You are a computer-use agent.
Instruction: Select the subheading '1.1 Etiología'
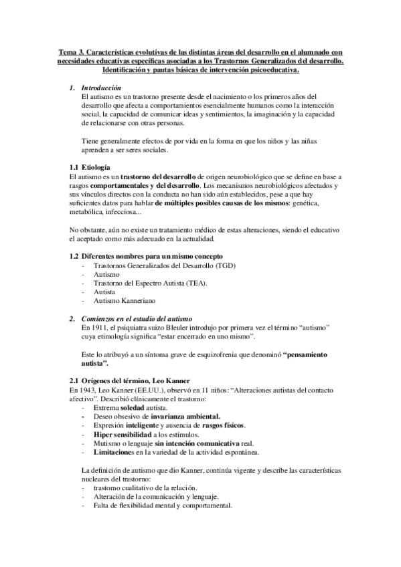[90, 166]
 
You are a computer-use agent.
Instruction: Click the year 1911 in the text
[100, 329]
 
